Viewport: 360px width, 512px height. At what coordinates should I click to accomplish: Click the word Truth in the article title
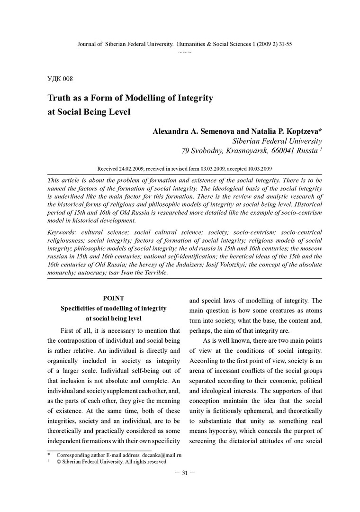(60, 98)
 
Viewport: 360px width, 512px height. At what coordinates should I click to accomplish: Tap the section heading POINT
(114, 298)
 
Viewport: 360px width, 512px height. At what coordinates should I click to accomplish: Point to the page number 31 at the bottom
(185, 472)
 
